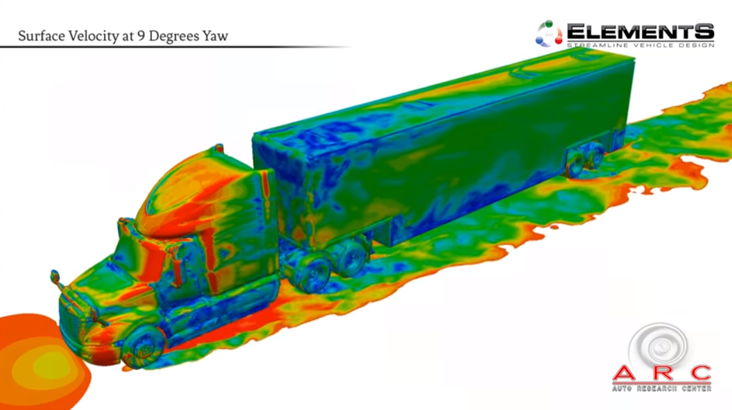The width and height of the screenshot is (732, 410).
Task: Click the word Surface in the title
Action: pyautogui.click(x=42, y=36)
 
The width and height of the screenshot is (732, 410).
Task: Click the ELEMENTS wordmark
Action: pyautogui.click(x=640, y=32)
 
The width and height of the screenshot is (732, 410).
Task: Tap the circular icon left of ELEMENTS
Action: pyautogui.click(x=549, y=34)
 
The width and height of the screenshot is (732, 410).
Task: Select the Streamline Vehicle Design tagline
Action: pyautogui.click(x=640, y=45)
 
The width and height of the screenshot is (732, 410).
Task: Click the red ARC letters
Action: pyautogui.click(x=661, y=373)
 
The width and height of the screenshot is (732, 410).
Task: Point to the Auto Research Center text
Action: pyautogui.click(x=661, y=388)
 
